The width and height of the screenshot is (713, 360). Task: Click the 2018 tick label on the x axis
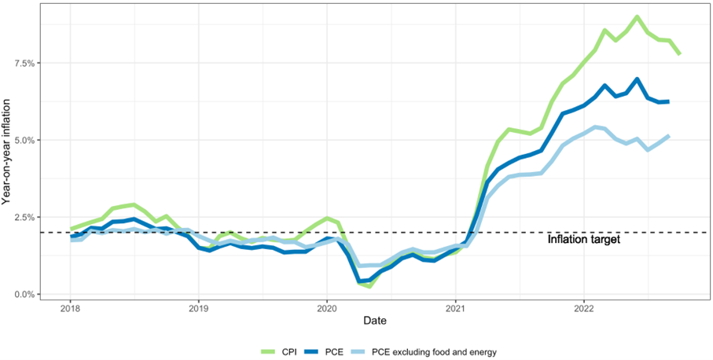point(70,308)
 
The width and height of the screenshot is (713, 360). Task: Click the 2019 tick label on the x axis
point(198,308)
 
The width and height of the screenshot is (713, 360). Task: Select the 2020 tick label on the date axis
point(326,308)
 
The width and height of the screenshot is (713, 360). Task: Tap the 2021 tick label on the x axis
point(455,308)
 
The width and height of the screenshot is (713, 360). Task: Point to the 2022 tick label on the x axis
point(583,308)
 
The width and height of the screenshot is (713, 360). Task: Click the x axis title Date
point(374,321)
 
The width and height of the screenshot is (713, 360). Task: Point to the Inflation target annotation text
point(584,239)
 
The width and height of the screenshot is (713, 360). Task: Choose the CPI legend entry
point(289,351)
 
